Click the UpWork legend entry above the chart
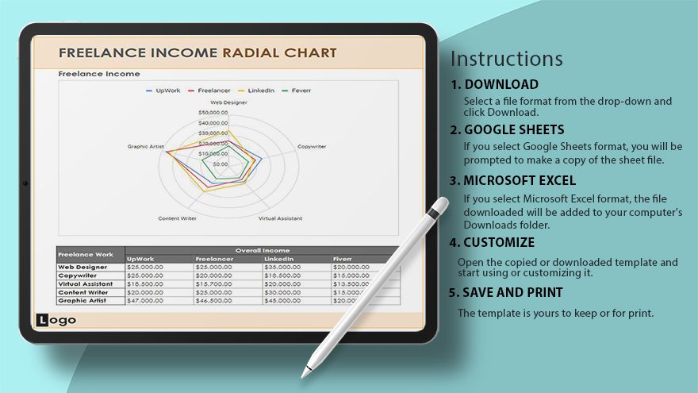point(164,91)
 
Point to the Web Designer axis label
point(228,102)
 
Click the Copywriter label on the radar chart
point(312,147)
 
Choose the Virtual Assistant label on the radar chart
point(280,218)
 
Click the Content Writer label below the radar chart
point(177,218)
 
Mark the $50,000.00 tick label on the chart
point(213,113)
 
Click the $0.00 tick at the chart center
point(220,164)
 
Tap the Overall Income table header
point(262,250)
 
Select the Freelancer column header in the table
point(213,258)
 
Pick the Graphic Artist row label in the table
point(82,301)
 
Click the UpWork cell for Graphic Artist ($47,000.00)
point(144,301)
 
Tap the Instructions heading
point(507,59)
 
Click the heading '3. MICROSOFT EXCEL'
point(513,180)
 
